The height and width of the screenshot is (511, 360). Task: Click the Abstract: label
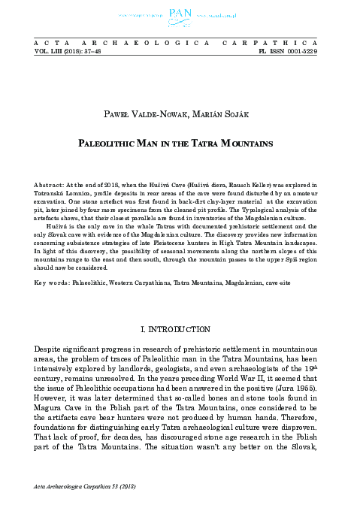(52, 183)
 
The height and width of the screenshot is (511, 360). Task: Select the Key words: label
(52, 262)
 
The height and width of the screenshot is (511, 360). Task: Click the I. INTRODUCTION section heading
(179, 328)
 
